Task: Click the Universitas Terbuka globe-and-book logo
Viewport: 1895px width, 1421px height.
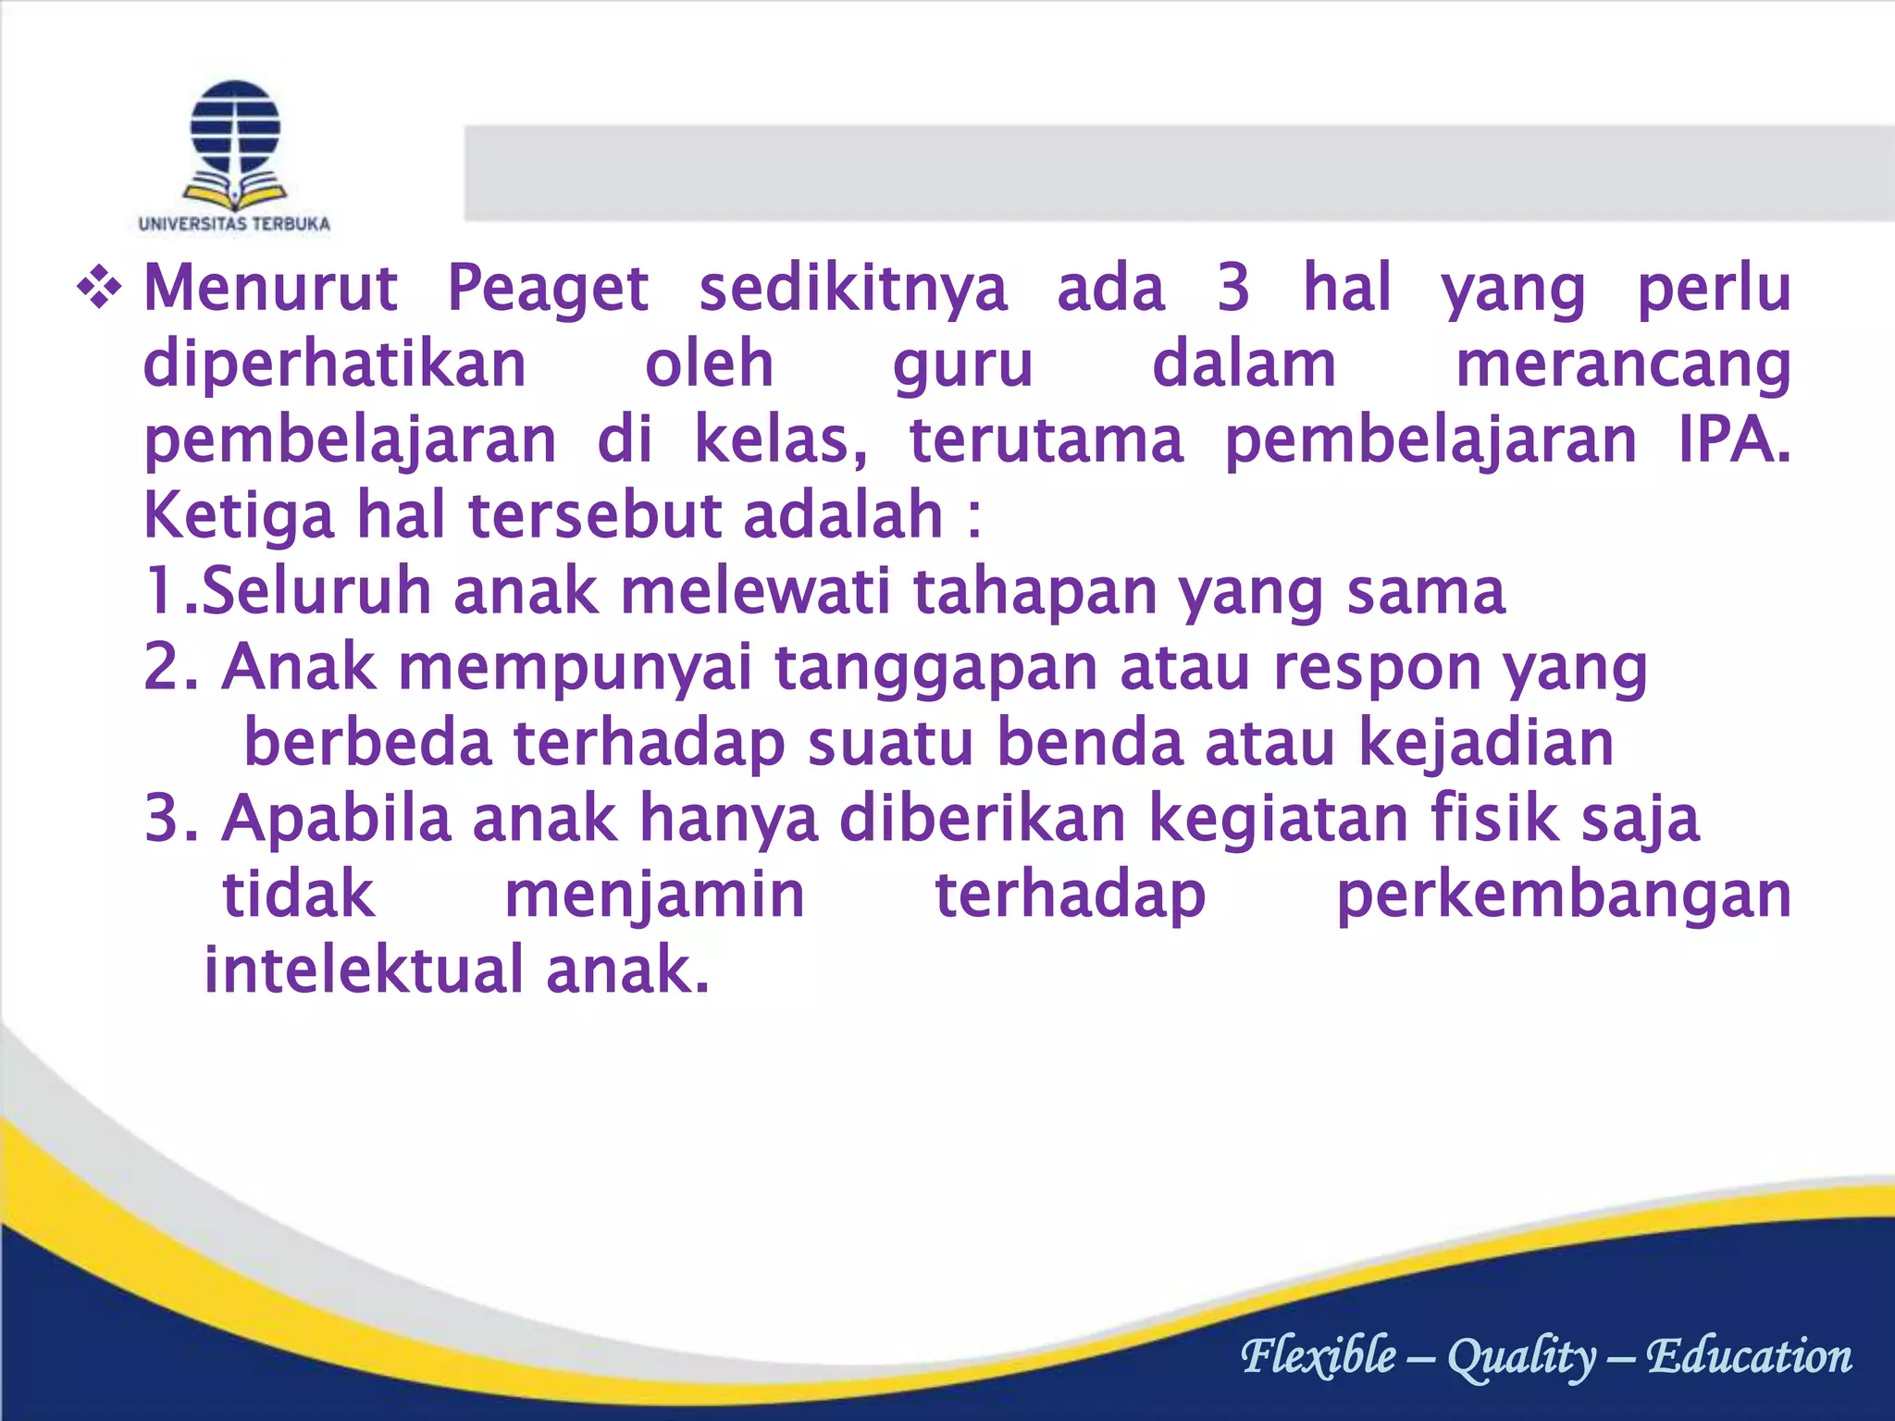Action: (x=235, y=143)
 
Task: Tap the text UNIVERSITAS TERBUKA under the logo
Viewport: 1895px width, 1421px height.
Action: (x=234, y=224)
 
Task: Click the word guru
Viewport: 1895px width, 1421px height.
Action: (x=962, y=365)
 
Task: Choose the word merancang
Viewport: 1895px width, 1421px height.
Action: (x=1623, y=365)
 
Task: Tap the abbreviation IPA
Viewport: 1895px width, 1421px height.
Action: (x=1733, y=440)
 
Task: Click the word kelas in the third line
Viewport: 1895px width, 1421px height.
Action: (x=780, y=440)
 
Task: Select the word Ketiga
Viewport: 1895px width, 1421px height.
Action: (x=239, y=517)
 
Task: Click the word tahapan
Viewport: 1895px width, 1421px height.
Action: (x=1035, y=592)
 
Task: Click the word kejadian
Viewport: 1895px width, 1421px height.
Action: (x=1486, y=745)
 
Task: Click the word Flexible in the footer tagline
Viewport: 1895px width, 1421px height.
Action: (x=1319, y=1356)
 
